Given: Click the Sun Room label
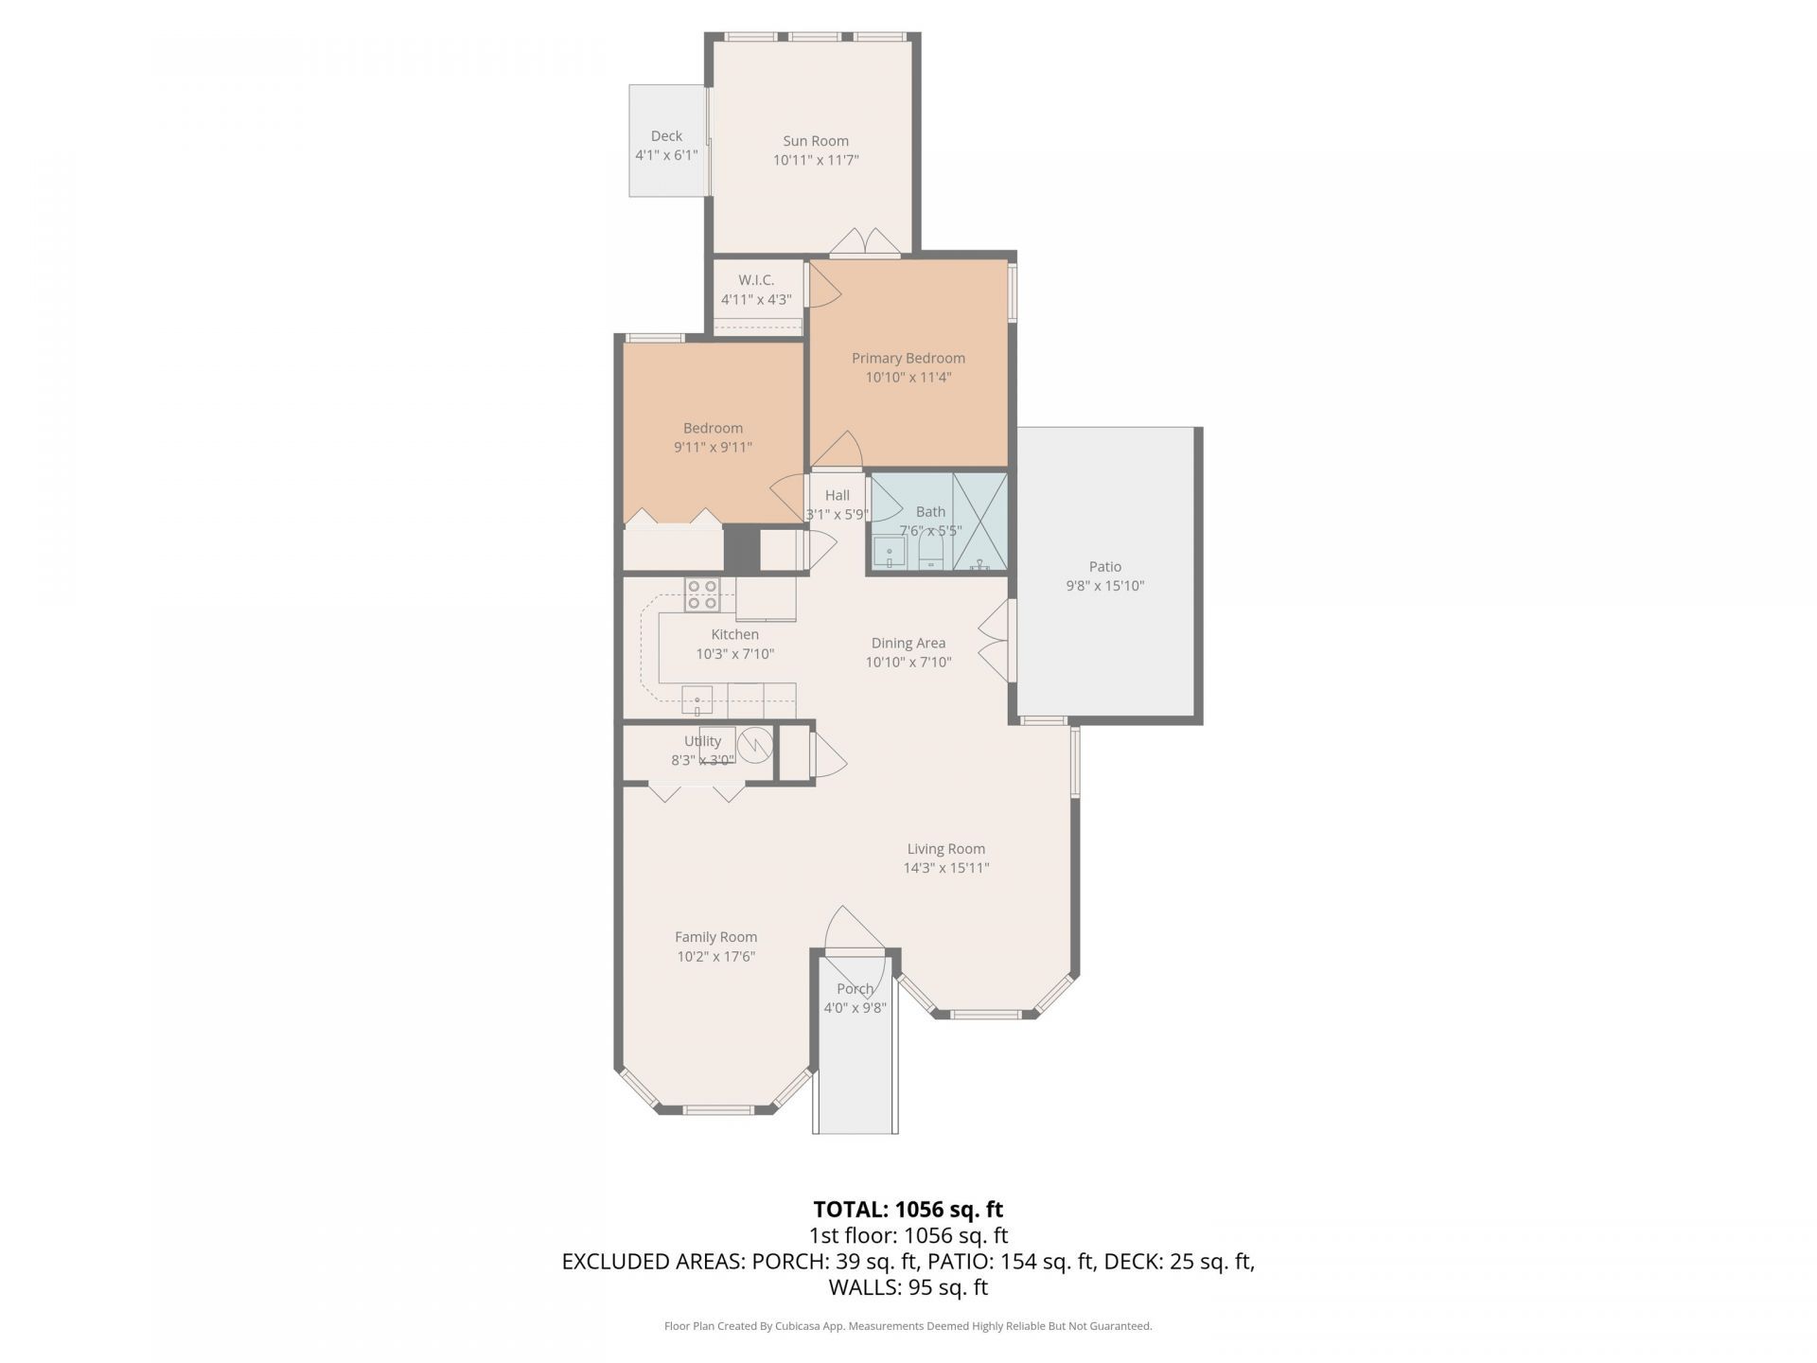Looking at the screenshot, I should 815,141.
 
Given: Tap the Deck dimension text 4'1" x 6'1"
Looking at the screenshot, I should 666,155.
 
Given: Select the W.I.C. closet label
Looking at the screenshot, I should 756,280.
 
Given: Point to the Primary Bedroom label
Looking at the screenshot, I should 908,358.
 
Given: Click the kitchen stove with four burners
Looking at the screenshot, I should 702,594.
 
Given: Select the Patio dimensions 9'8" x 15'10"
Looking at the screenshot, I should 1104,586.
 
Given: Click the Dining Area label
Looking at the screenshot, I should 908,644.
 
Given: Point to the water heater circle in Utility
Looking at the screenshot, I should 755,746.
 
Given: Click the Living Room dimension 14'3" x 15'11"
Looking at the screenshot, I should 945,868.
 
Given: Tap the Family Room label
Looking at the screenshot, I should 715,937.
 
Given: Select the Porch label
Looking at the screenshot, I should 855,989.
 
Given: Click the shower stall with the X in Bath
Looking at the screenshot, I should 980,522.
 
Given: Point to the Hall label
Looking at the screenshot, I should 837,495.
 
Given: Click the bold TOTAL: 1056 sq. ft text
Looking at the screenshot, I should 908,1209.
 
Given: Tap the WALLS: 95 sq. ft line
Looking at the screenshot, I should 908,1287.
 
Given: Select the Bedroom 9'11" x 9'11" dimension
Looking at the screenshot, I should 713,447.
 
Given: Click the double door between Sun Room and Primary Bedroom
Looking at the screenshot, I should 865,244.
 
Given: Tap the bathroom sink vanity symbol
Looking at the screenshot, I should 890,552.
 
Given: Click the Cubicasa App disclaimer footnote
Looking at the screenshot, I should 908,1326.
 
